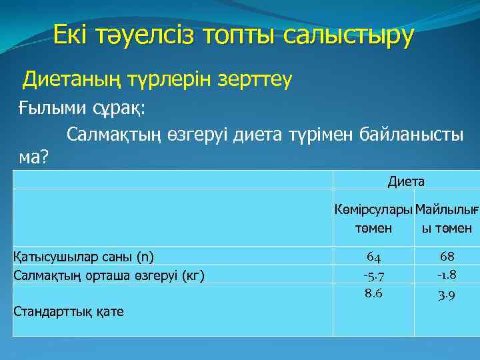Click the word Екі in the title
[x=72, y=34]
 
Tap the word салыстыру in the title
[x=349, y=34]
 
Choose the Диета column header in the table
[x=406, y=181]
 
